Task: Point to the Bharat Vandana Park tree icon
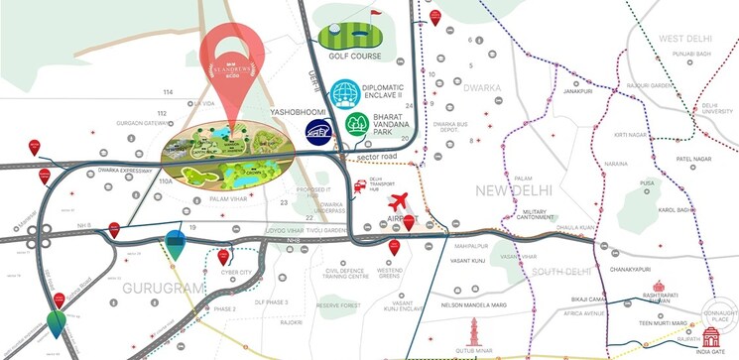357,125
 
